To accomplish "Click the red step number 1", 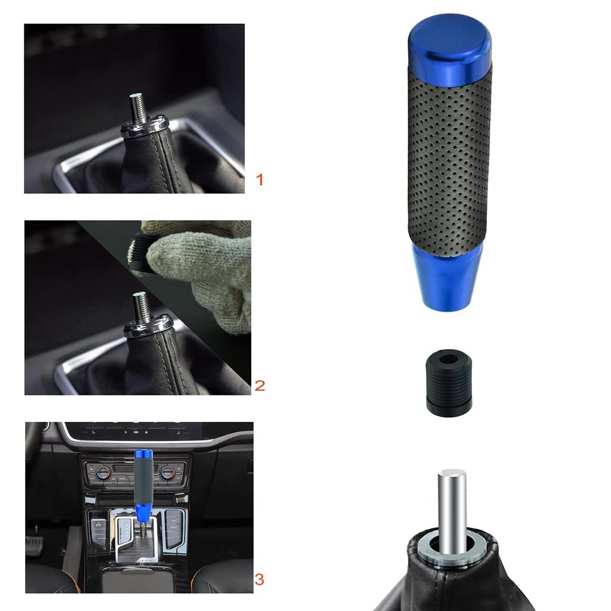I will pyautogui.click(x=259, y=179).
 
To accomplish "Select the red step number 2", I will pyautogui.click(x=260, y=385).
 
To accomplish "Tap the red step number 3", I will pyautogui.click(x=260, y=579).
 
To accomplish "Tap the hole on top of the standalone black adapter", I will pyautogui.click(x=449, y=359).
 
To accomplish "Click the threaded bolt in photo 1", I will pyautogui.click(x=137, y=108).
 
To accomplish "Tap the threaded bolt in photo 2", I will pyautogui.click(x=141, y=308).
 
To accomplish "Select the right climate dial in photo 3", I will pyautogui.click(x=167, y=473).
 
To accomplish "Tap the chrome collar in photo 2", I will pyautogui.click(x=147, y=328).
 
